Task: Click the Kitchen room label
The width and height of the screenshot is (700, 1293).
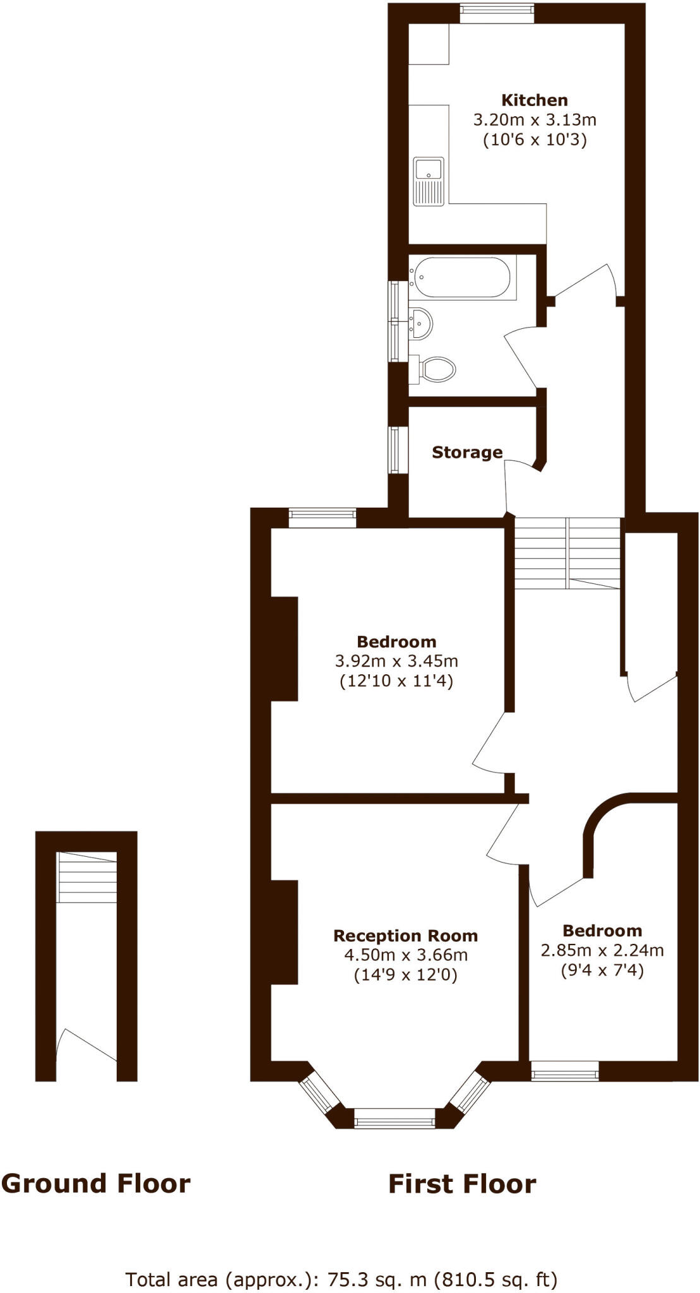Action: point(534,100)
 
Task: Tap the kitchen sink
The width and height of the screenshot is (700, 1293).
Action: point(429,181)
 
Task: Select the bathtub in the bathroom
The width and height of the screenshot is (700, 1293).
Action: point(462,277)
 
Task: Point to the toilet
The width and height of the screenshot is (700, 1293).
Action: point(436,369)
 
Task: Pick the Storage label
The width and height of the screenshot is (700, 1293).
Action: point(467,452)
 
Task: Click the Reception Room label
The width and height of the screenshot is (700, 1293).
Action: point(405,935)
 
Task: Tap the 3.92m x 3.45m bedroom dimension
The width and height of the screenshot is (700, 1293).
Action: point(396,661)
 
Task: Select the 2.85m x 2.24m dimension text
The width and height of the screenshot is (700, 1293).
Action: point(602,950)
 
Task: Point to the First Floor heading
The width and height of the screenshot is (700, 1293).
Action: point(462,1184)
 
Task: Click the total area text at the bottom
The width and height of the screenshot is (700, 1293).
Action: point(341,1280)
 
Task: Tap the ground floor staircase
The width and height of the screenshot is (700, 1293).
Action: point(87,877)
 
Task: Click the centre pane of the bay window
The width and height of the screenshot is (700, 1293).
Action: point(394,1122)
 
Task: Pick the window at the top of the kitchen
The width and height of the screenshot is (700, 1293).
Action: point(497,14)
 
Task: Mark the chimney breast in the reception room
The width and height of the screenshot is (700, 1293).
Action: point(284,931)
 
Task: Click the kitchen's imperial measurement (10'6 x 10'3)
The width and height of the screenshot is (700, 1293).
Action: point(535,140)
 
